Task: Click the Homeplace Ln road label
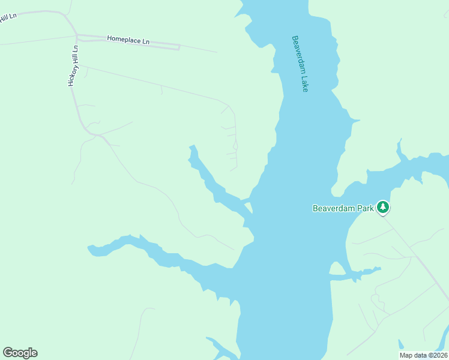pos(128,40)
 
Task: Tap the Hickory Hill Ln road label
pos(73,65)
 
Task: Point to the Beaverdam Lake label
pos(300,63)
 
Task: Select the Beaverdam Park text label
pos(343,209)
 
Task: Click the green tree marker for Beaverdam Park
pos(383,208)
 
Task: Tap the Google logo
pos(20,353)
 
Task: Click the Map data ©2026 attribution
pos(423,355)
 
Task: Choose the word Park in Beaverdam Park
pos(364,209)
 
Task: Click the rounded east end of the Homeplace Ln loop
pos(179,47)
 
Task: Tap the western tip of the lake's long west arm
pos(89,247)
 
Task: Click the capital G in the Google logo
pos(8,353)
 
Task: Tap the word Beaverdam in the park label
pos(333,209)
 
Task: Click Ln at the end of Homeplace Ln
pos(146,41)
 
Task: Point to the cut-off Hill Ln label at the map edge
pos(8,16)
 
